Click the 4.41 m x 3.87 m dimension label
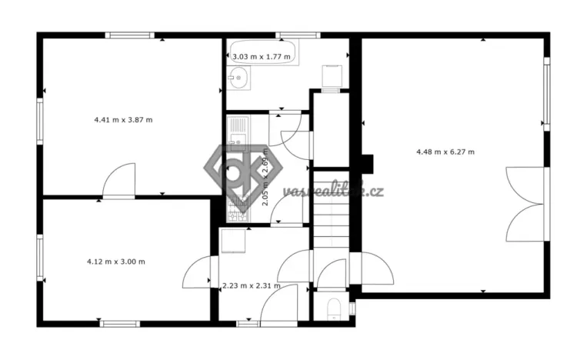point(123,119)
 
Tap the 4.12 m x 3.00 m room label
point(116,262)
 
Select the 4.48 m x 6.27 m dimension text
point(445,152)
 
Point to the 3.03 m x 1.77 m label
point(262,56)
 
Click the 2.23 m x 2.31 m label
point(251,286)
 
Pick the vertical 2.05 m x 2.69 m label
point(265,178)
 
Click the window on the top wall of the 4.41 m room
point(130,35)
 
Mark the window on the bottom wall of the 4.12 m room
point(120,323)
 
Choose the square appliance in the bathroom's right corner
point(332,78)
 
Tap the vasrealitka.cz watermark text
point(332,191)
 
